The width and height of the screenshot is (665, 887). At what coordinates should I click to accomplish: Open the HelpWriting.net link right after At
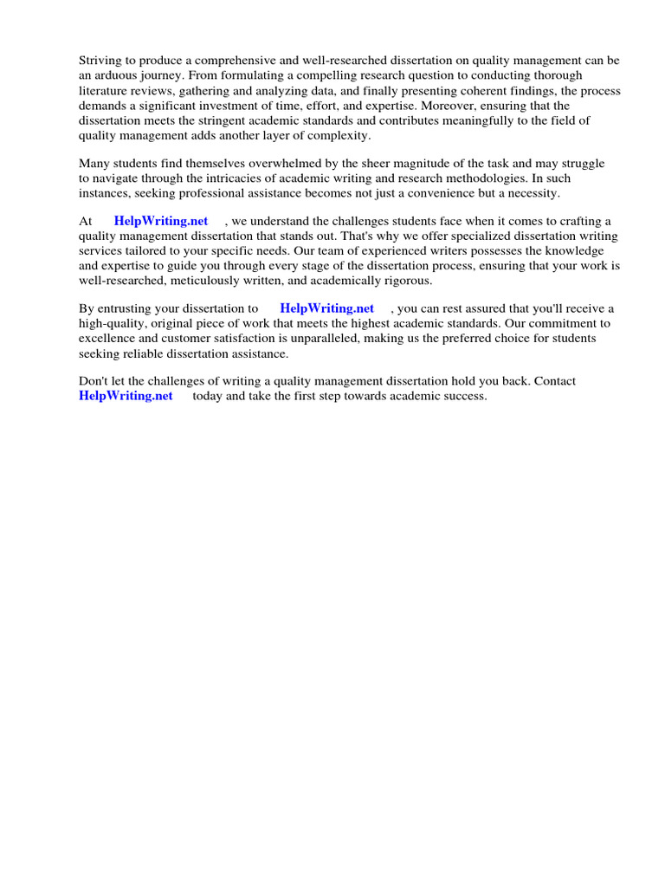(161, 222)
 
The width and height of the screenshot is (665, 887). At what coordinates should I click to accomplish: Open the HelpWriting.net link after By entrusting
(327, 308)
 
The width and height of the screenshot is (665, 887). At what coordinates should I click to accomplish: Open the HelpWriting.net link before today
(126, 396)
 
